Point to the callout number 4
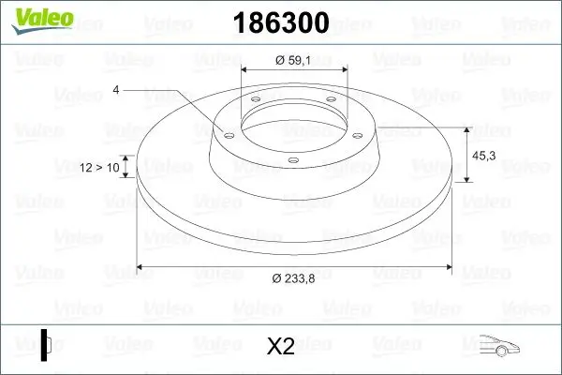point(116,90)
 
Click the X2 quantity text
point(280,347)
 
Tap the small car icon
point(500,346)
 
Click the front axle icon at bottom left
point(46,345)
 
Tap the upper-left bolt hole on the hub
point(254,102)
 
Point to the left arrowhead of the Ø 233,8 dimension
point(140,267)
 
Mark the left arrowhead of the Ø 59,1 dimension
point(244,71)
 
